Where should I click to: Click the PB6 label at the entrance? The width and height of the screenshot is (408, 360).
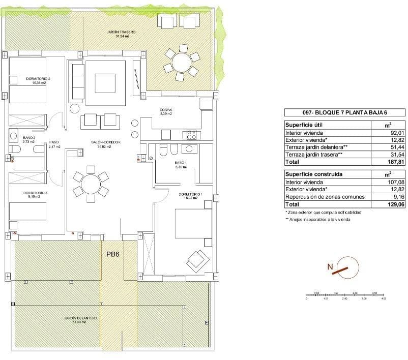click(112, 255)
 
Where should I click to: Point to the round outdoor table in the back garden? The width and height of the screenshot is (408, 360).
click(181, 63)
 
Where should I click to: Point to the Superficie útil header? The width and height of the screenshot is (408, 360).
click(304, 125)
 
